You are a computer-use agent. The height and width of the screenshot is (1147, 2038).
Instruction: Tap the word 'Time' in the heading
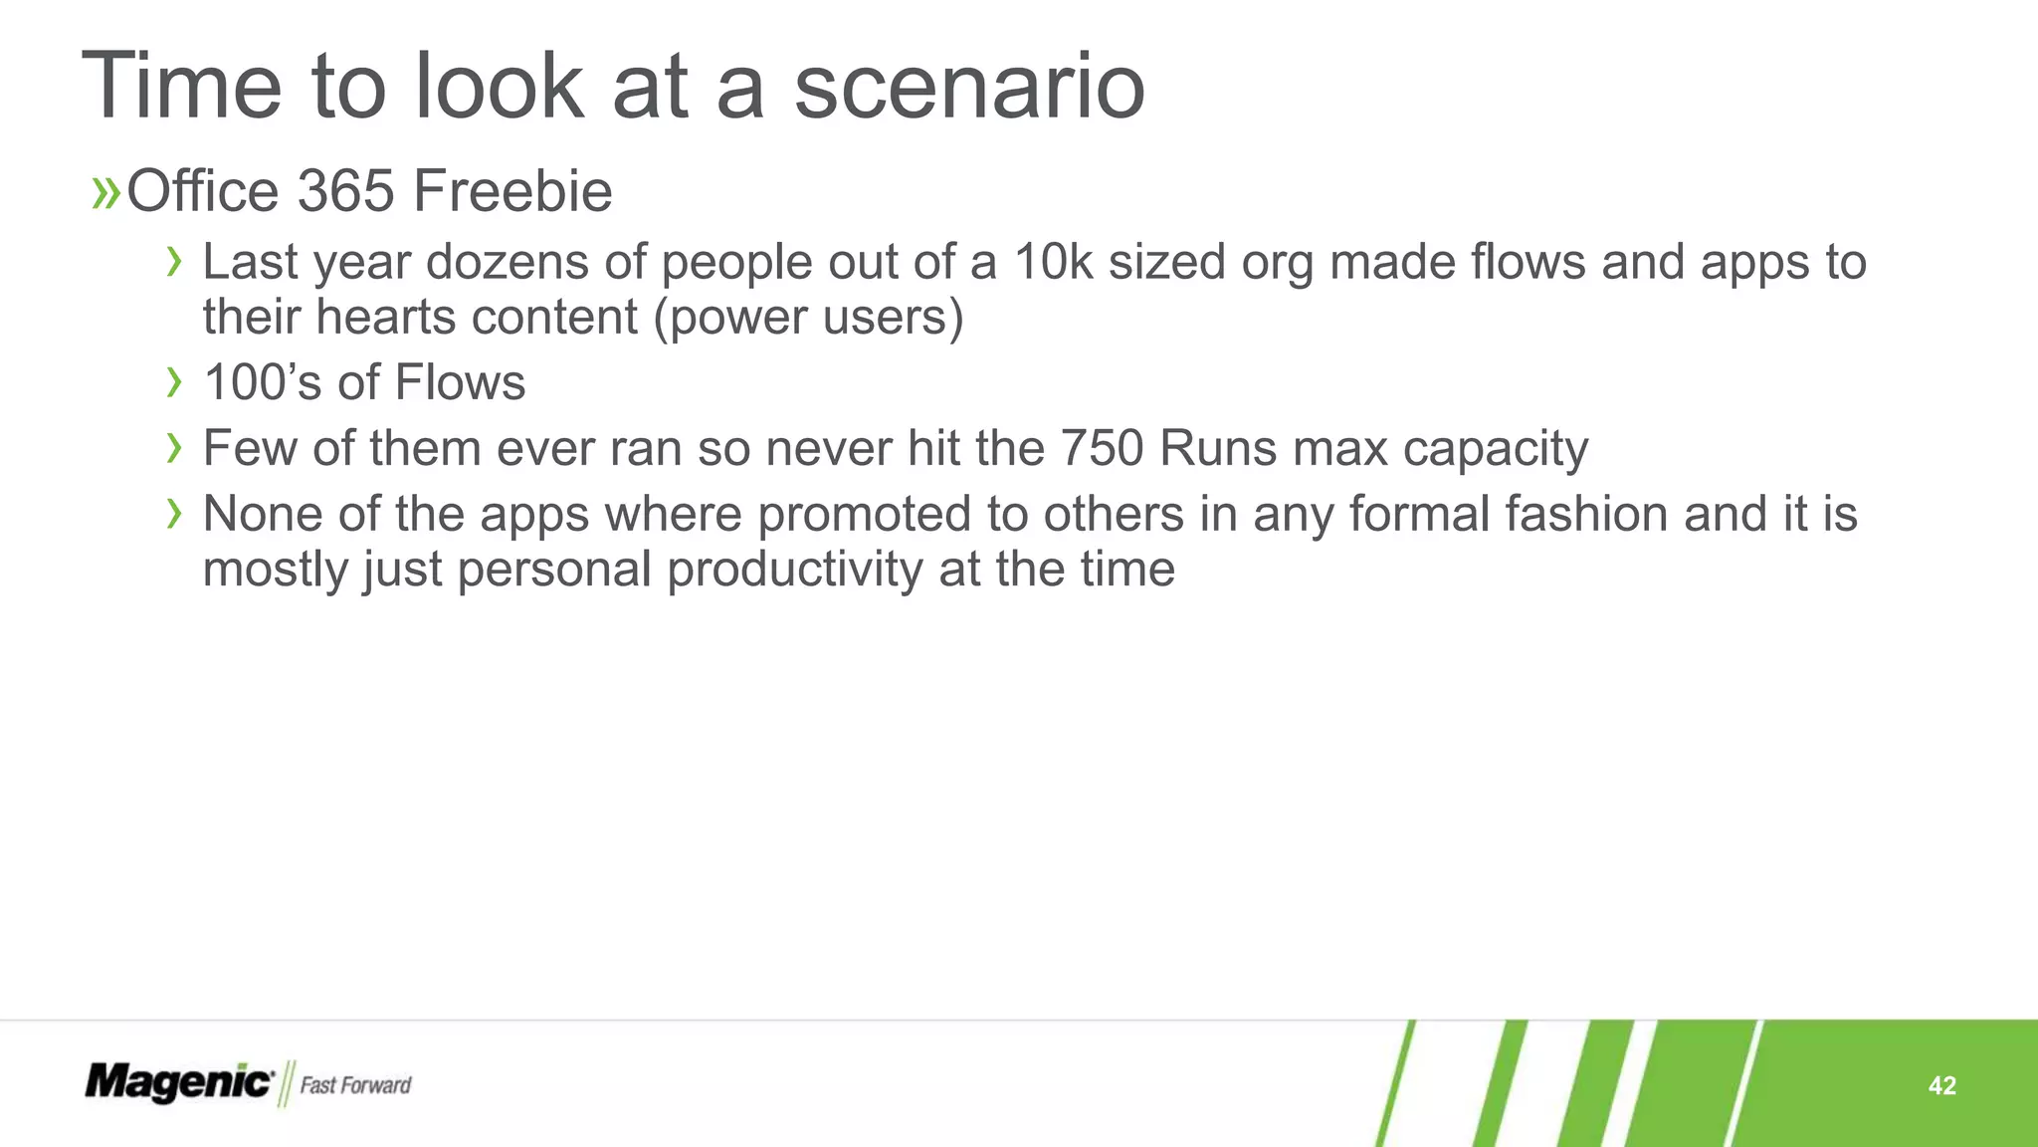(182, 88)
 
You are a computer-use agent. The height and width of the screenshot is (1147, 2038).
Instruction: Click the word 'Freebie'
(511, 191)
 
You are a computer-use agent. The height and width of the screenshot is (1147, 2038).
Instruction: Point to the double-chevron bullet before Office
(104, 193)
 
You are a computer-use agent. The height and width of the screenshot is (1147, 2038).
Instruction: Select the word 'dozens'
(508, 263)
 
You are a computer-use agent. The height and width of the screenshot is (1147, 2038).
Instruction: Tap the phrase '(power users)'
(808, 319)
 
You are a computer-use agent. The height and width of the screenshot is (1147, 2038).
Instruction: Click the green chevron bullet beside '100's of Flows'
(175, 382)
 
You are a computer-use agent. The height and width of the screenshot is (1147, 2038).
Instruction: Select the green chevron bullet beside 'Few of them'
(175, 448)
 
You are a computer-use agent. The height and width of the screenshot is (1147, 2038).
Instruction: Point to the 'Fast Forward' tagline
(355, 1085)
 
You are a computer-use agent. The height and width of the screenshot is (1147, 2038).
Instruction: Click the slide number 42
(1941, 1085)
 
